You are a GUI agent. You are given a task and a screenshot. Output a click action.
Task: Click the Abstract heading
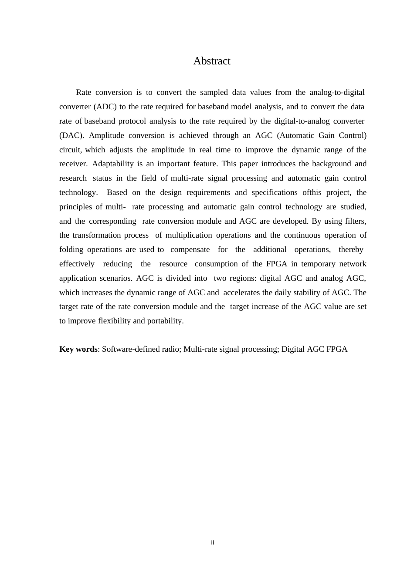pos(212,61)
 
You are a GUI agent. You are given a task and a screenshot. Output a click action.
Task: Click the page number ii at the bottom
pos(212,542)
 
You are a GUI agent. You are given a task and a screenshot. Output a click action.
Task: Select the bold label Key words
pos(78,349)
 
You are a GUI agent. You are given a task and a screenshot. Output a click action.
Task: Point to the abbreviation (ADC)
pos(105,107)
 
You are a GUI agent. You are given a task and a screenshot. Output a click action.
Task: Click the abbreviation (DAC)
pos(71,135)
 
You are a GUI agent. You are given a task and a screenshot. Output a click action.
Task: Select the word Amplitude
pos(106,135)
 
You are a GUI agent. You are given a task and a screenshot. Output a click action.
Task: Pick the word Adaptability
pos(112,164)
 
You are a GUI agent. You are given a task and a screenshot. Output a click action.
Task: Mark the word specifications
pos(274,192)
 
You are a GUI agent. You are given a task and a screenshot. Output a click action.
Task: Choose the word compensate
pos(190,249)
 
